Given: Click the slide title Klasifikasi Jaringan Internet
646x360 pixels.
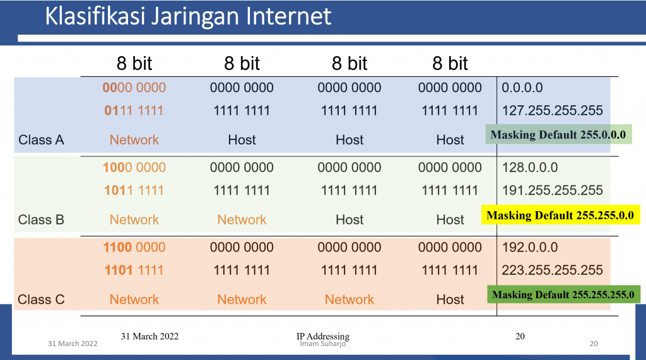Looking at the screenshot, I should click(x=188, y=16).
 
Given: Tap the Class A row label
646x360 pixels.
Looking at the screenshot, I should click(x=41, y=140).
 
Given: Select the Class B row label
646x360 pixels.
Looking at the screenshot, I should click(x=41, y=220).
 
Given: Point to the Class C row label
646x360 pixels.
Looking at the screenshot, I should click(x=41, y=299).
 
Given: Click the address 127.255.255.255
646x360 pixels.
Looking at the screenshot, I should click(x=552, y=111).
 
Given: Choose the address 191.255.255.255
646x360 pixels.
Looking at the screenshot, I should click(x=552, y=190).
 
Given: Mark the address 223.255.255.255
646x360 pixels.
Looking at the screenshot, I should click(x=552, y=270).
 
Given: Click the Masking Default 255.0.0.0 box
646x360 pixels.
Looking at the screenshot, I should click(x=558, y=134).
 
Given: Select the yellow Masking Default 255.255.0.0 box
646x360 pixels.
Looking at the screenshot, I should click(x=560, y=215).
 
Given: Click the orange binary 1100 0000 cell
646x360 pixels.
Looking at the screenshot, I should click(x=134, y=247).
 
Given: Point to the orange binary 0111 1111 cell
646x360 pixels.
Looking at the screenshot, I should click(x=134, y=111).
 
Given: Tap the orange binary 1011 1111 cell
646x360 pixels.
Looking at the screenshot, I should click(x=134, y=190).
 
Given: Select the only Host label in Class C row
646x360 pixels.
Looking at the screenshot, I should click(x=450, y=299).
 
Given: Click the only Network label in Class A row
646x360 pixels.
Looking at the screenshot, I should click(x=134, y=140).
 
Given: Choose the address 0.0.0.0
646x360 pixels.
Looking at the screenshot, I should click(x=522, y=88).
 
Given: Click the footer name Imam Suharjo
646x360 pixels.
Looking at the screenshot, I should click(x=322, y=344).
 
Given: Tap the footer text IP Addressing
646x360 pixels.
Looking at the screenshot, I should click(x=322, y=336).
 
